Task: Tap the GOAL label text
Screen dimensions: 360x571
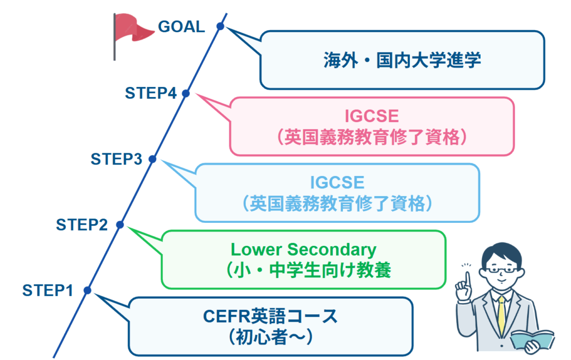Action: click(182, 27)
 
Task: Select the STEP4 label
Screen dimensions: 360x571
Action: click(151, 93)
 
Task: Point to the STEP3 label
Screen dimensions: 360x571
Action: click(117, 159)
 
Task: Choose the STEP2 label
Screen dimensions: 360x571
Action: click(82, 225)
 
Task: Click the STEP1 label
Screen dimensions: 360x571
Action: click(48, 290)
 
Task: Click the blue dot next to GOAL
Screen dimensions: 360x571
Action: click(220, 26)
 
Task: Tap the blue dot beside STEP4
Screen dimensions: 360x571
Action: click(186, 94)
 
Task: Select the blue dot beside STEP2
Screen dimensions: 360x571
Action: click(119, 225)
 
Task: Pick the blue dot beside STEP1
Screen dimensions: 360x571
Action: click(86, 290)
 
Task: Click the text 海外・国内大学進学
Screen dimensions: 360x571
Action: click(401, 60)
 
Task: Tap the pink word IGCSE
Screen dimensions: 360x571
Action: click(371, 116)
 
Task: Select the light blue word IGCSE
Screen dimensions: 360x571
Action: click(337, 182)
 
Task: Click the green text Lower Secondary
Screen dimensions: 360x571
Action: click(304, 249)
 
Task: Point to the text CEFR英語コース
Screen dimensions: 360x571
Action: click(270, 317)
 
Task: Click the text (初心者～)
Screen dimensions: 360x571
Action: click(270, 336)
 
